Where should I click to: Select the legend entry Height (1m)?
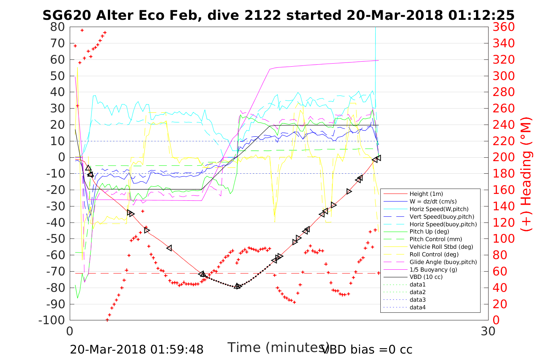(x=426, y=194)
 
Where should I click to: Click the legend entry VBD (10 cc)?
(x=426, y=277)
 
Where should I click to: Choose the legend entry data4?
(x=417, y=307)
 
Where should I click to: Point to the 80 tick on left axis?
(x=58, y=27)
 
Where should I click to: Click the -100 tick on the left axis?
(x=52, y=320)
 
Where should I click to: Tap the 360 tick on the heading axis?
(x=503, y=27)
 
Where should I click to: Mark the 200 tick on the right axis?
(x=503, y=157)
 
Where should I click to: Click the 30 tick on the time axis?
(x=488, y=331)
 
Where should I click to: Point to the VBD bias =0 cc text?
(x=367, y=349)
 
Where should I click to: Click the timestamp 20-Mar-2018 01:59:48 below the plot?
(x=136, y=349)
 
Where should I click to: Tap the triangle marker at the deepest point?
(x=237, y=286)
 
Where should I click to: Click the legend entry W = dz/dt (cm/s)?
(x=433, y=202)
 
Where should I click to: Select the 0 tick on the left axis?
(x=61, y=157)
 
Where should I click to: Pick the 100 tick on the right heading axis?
(x=503, y=239)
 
